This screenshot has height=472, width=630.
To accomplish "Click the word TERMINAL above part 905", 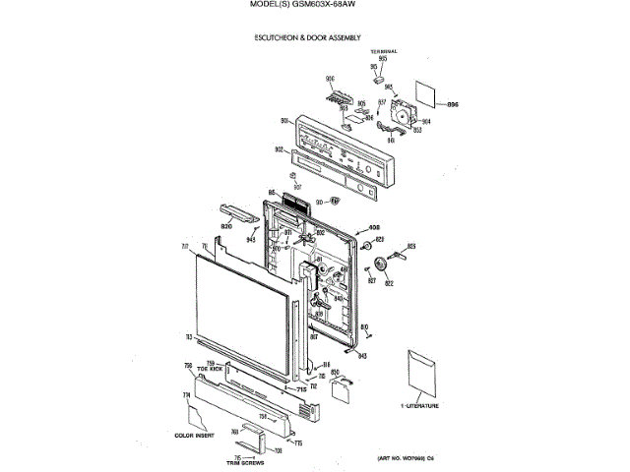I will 383,50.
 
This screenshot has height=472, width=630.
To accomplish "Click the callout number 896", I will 453,104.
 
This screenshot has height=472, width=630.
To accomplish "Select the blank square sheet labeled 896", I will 425,94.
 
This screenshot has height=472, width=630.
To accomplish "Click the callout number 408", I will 374,227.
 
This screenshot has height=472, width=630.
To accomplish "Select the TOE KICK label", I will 209,369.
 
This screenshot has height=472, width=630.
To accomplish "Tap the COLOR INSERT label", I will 194,434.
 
